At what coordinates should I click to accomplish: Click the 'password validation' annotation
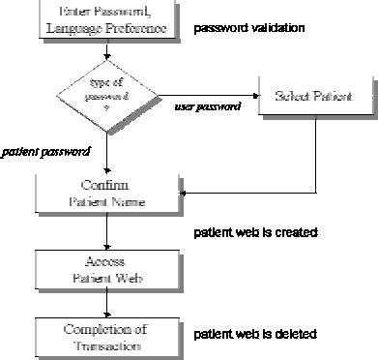pyautogui.click(x=250, y=28)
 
